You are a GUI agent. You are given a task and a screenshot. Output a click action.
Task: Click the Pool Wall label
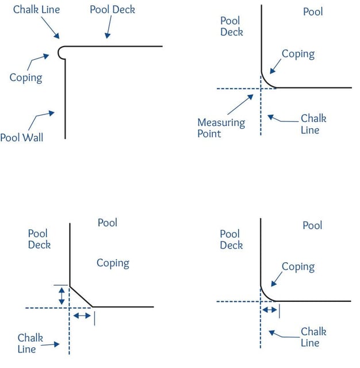21,138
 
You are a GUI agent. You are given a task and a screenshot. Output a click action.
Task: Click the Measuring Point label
221,128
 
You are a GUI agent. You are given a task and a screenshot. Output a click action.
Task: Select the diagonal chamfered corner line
81,296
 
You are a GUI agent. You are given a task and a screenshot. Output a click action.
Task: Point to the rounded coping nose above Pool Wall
62,52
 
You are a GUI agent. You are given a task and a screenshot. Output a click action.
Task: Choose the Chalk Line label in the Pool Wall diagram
36,10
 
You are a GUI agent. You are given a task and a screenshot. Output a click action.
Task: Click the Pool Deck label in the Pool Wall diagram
112,10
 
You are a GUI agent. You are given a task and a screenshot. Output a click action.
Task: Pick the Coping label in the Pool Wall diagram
26,77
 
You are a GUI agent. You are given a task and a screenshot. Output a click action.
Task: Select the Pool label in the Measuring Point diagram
313,11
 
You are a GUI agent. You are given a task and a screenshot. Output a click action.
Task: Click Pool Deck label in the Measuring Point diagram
231,26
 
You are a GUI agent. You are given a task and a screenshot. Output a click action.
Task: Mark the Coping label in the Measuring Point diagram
298,54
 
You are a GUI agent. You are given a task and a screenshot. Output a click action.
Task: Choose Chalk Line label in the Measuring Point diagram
313,124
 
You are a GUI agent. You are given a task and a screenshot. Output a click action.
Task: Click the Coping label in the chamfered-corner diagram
113,263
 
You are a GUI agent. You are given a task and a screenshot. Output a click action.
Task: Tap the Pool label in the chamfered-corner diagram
108,223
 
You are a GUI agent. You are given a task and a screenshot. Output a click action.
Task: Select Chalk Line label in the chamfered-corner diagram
30,343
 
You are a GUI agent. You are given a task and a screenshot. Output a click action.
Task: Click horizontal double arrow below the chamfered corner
82,316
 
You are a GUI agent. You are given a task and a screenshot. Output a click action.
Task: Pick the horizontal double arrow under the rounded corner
269,309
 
